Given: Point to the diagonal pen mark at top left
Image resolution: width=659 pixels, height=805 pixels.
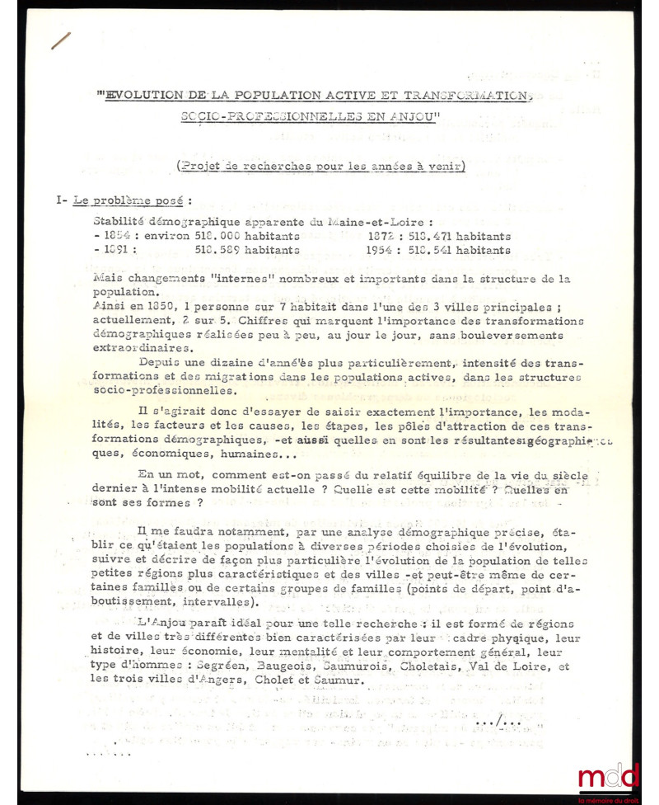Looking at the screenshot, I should [x=61, y=40].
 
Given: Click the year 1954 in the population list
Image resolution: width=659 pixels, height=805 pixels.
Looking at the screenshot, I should [x=383, y=251].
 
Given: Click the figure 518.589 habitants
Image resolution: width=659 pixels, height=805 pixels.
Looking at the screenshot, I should [x=247, y=251].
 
